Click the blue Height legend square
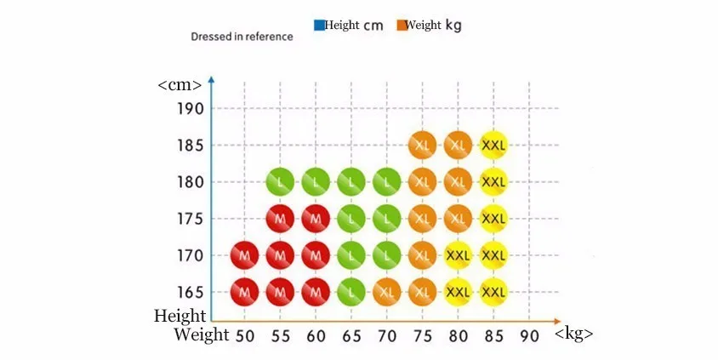click(x=319, y=26)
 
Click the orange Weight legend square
click(x=402, y=26)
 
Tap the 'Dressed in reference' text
click(x=242, y=37)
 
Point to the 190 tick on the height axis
click(x=191, y=109)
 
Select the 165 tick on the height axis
click(x=191, y=292)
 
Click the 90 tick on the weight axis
click(x=529, y=335)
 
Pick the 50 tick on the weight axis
click(x=245, y=335)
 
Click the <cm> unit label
click(x=179, y=85)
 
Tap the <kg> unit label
click(x=573, y=334)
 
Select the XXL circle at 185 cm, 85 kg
click(x=493, y=145)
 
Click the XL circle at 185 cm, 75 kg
click(x=422, y=145)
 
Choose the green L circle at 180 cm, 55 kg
click(x=280, y=181)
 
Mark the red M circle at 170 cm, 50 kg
click(x=244, y=254)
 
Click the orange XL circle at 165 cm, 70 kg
click(x=387, y=292)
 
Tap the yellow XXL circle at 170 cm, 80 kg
click(x=458, y=254)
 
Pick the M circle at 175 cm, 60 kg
click(x=316, y=219)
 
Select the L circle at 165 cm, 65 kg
click(x=350, y=292)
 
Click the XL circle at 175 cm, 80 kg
click(x=458, y=219)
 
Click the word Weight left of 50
click(x=202, y=334)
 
